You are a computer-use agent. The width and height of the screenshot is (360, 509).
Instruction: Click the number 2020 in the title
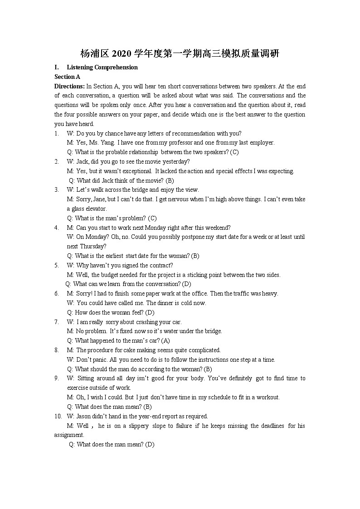[x=121, y=54]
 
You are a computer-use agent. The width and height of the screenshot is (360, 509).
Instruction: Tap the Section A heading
[x=67, y=77]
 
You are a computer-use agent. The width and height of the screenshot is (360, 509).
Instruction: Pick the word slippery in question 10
[x=131, y=426]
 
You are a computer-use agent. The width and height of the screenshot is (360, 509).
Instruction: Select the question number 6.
[x=57, y=294]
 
